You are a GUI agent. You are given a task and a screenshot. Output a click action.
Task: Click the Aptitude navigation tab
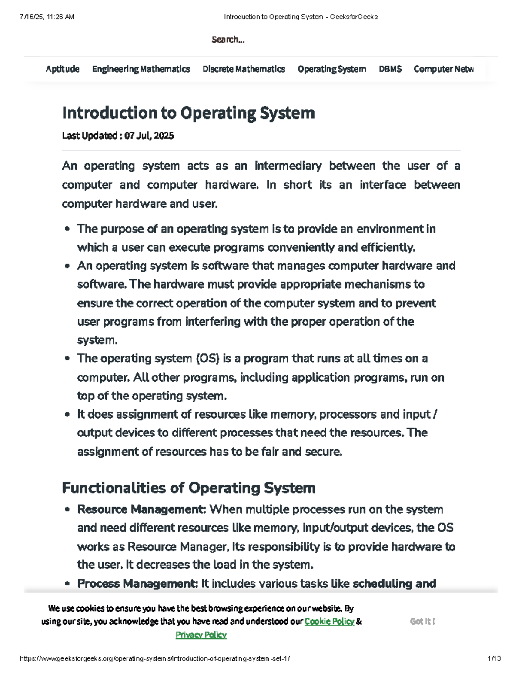[62, 69]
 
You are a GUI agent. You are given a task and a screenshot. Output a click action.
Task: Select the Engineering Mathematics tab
[141, 69]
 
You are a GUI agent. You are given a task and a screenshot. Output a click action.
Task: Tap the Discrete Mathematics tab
[244, 69]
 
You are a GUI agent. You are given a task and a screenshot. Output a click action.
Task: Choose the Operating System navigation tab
[332, 69]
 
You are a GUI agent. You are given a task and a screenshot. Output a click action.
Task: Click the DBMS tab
[390, 69]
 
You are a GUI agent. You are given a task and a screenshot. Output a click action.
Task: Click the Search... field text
[228, 40]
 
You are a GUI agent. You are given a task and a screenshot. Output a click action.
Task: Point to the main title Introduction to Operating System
[188, 113]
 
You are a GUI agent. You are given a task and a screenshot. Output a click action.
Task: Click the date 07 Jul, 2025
[149, 136]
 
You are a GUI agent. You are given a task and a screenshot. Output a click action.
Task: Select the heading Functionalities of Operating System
[188, 488]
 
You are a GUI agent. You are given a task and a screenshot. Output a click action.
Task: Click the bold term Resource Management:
[141, 509]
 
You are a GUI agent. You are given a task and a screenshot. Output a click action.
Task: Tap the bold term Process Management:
[137, 583]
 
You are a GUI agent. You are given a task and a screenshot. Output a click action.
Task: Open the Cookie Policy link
[329, 622]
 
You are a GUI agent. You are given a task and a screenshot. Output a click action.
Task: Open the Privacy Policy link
[201, 635]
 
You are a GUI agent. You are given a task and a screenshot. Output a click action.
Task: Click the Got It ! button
[422, 622]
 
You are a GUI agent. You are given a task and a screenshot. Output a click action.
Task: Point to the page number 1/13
[494, 658]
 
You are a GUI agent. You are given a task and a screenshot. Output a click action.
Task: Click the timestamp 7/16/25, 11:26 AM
[47, 17]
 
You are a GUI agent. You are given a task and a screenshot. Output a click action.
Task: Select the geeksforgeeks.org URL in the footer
[155, 658]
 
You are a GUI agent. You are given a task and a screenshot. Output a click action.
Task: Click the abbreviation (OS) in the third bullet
[207, 359]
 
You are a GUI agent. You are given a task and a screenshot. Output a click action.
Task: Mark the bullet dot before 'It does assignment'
[67, 415]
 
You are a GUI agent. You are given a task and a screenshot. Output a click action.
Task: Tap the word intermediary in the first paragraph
[288, 166]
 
